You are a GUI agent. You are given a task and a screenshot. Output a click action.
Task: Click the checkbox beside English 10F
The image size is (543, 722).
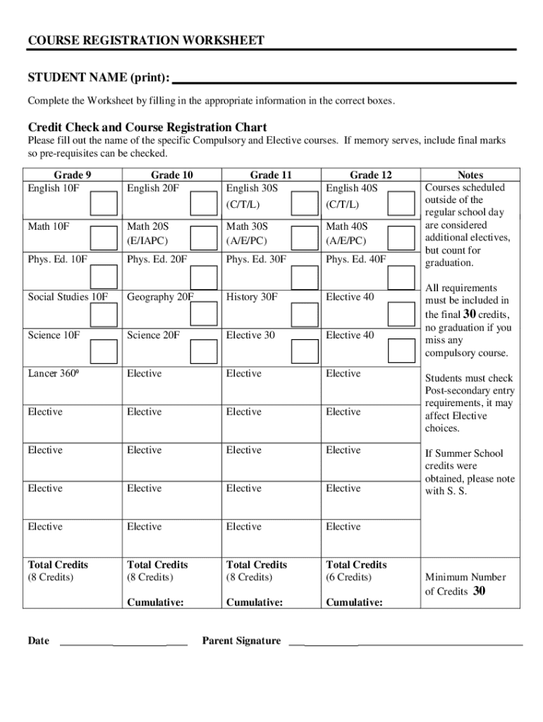104,202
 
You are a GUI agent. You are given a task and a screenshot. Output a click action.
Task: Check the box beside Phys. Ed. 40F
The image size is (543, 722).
403,277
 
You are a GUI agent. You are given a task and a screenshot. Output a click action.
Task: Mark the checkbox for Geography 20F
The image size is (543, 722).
204,315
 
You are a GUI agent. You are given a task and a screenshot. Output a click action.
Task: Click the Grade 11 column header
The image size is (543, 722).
271,174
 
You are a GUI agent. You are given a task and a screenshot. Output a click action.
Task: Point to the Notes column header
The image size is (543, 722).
470,174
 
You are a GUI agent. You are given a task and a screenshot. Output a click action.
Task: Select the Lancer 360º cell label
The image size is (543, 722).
53,374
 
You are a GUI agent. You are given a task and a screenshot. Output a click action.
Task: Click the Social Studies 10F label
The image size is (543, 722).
68,297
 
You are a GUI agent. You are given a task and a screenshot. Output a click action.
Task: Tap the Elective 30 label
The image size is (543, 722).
250,335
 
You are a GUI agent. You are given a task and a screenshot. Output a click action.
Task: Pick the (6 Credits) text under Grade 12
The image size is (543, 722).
348,577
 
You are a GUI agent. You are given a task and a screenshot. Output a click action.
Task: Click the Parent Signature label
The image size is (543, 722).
241,641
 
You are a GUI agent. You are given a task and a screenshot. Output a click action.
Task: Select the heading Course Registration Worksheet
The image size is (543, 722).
146,40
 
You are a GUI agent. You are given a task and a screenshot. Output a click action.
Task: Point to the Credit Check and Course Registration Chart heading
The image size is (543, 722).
147,128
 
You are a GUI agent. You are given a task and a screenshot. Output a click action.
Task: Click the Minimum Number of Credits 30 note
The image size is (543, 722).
465,585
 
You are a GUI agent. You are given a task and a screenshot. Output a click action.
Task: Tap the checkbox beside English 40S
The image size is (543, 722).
403,202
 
